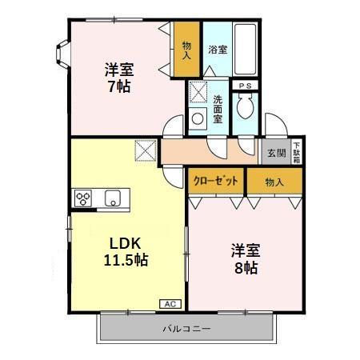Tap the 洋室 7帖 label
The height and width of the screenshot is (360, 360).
[120, 77]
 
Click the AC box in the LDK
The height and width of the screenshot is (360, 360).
[170, 303]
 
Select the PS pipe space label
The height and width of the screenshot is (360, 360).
[245, 85]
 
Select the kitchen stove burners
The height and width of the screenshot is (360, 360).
[85, 198]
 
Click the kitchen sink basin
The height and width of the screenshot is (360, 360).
[111, 198]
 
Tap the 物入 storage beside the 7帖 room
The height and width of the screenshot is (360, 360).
[186, 50]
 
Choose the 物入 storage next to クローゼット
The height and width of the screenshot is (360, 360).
[274, 182]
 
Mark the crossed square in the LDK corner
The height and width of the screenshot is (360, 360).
[146, 150]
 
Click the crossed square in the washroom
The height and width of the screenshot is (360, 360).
[198, 93]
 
